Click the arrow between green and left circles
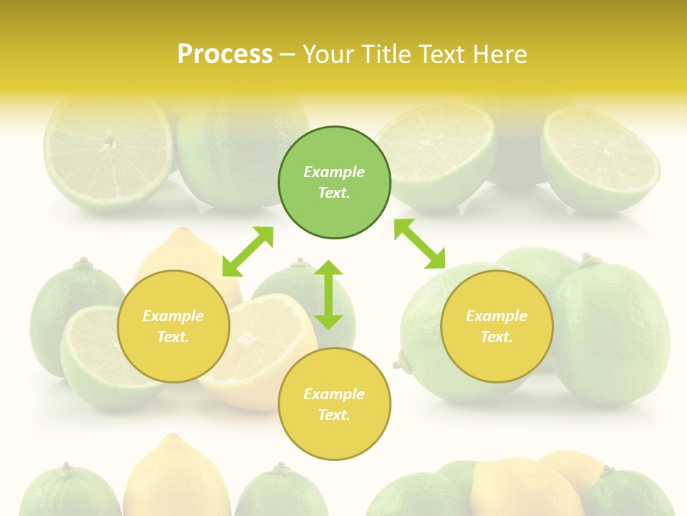pyautogui.click(x=248, y=252)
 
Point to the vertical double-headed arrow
pyautogui.click(x=328, y=295)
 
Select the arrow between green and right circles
pyautogui.click(x=419, y=244)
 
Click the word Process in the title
pyautogui.click(x=225, y=54)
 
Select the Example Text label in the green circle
pyautogui.click(x=334, y=182)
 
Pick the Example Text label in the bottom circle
pyautogui.click(x=334, y=404)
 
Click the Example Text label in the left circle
pyautogui.click(x=173, y=326)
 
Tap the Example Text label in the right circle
pyautogui.click(x=497, y=326)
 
